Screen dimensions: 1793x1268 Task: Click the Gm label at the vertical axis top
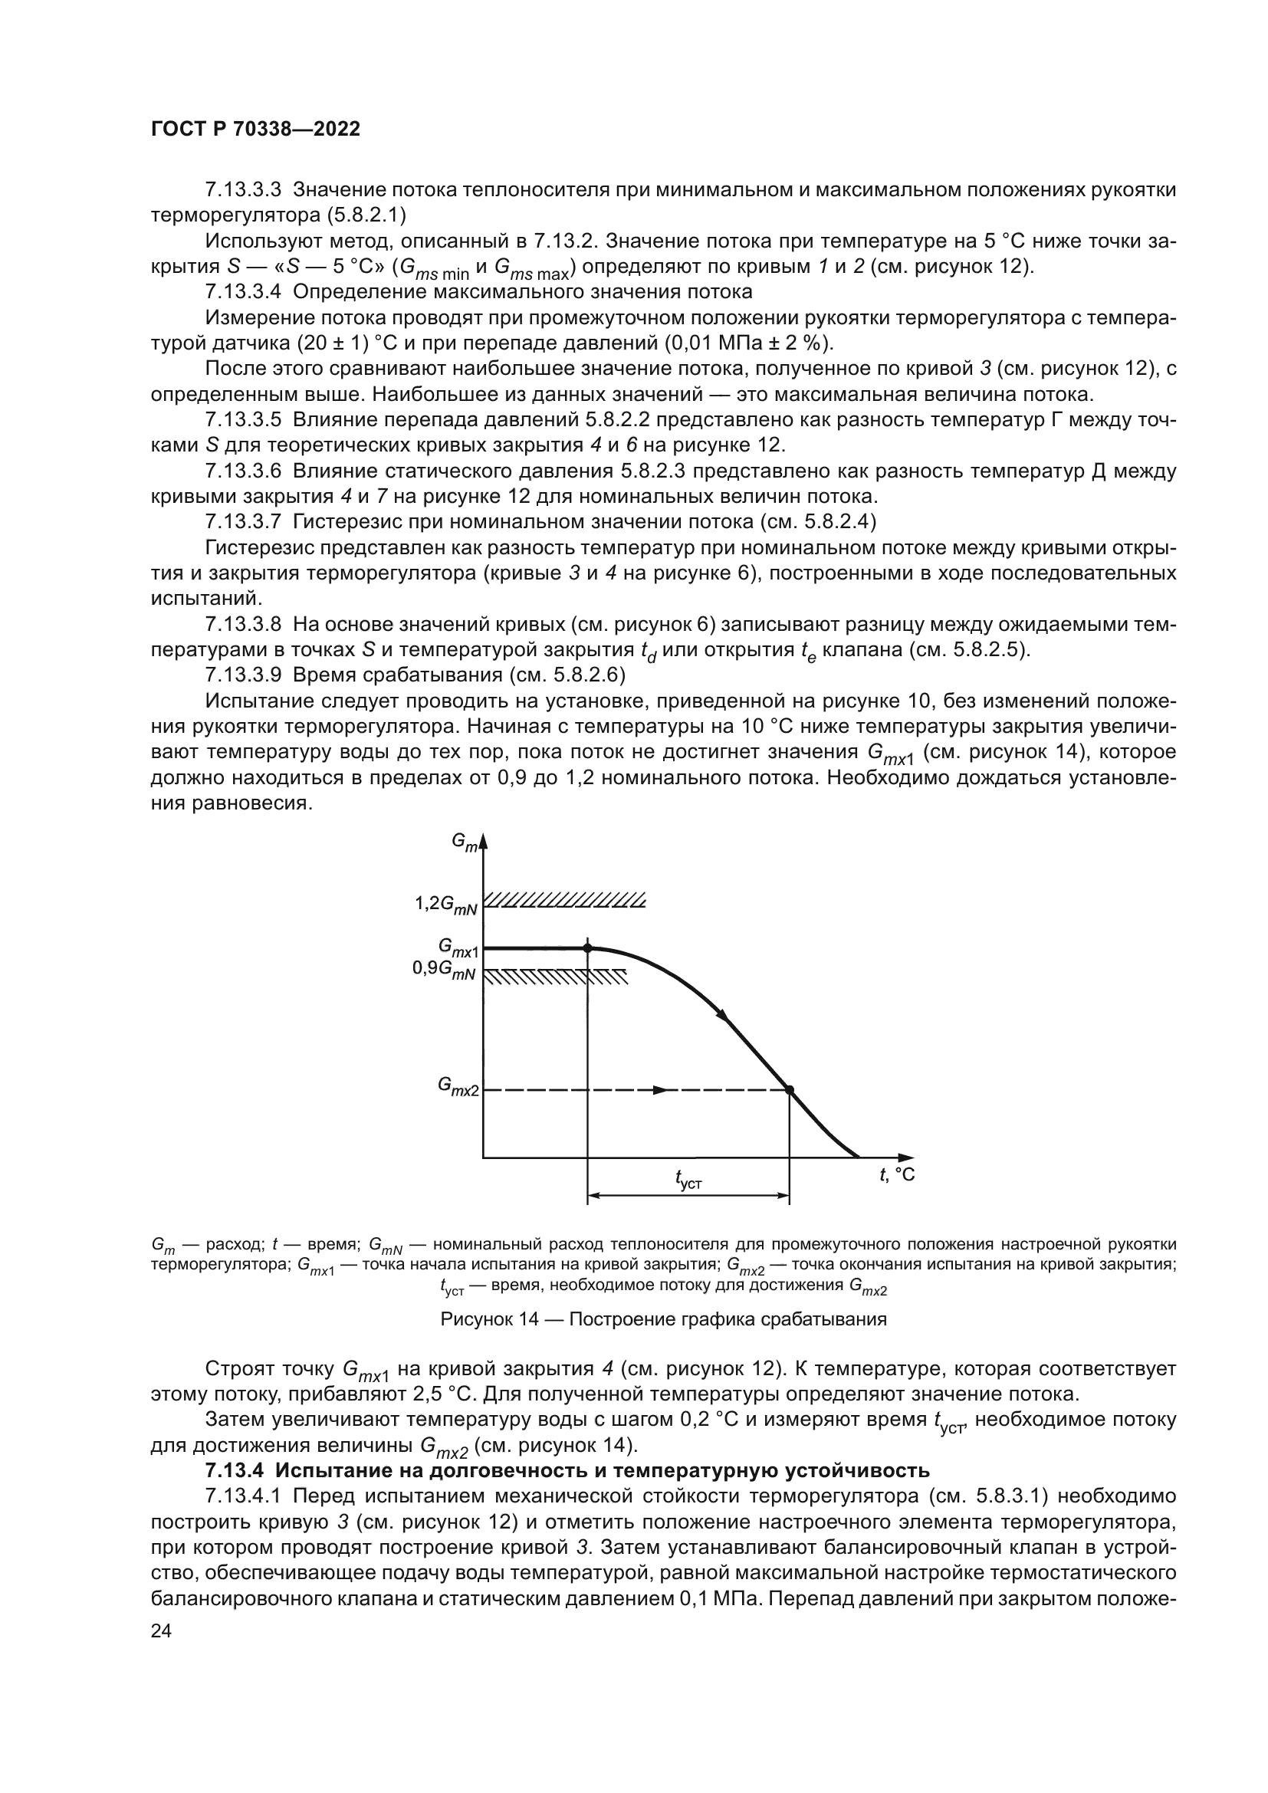[x=465, y=843]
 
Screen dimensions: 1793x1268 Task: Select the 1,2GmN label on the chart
[x=446, y=905]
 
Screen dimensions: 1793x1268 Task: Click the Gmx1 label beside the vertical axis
[x=458, y=947]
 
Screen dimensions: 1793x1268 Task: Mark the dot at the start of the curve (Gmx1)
[x=588, y=948]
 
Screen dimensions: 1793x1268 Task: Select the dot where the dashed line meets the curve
[x=790, y=1090]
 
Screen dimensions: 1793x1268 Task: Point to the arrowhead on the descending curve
[x=723, y=1016]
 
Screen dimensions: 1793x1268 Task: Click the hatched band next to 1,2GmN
[x=564, y=901]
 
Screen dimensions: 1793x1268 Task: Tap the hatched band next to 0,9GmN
[x=556, y=977]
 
